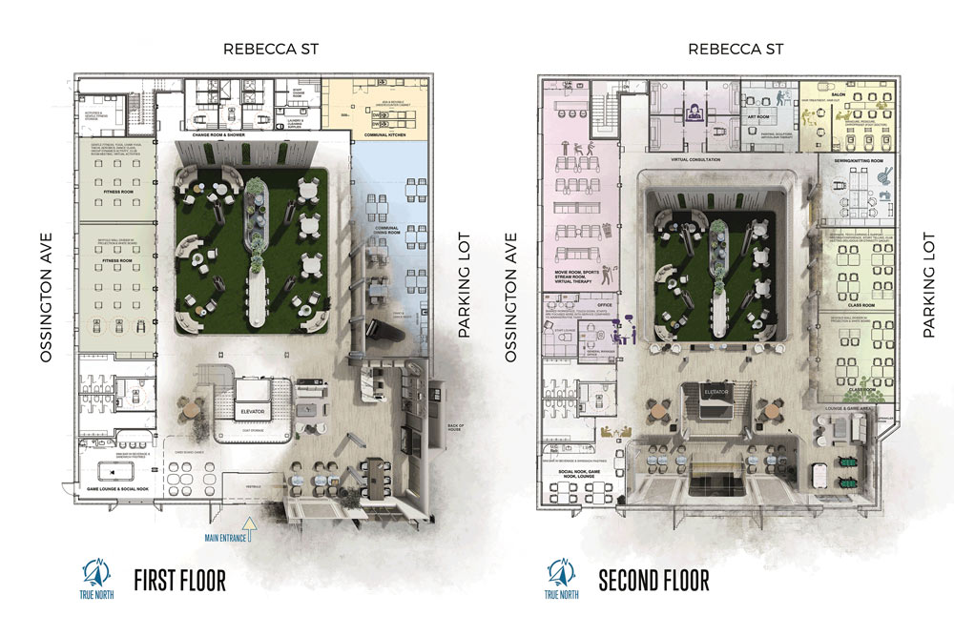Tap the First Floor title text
click(179, 580)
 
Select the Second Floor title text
click(653, 580)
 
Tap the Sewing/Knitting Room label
click(853, 161)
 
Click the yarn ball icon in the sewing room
click(883, 175)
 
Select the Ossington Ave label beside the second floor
click(511, 297)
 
